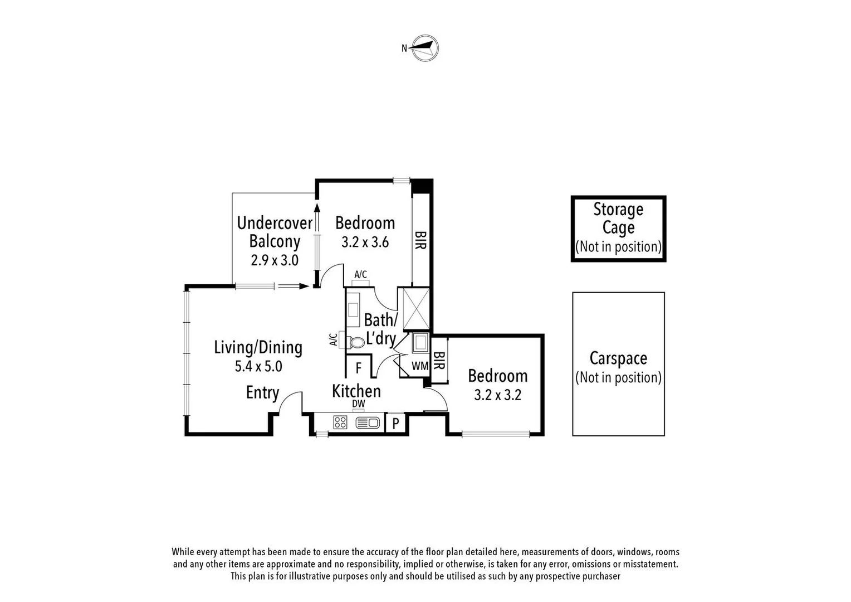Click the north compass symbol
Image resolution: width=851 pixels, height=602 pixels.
point(425,48)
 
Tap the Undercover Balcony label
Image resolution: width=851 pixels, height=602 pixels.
point(275,232)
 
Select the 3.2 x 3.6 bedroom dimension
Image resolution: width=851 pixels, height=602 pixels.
point(365,242)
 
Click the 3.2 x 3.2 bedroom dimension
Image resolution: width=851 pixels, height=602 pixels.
point(497,395)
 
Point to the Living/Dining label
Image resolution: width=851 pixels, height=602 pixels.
point(258,347)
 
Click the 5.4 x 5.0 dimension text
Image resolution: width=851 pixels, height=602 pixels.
point(258,366)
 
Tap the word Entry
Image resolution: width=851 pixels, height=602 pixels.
point(262,392)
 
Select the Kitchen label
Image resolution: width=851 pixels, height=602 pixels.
point(356,391)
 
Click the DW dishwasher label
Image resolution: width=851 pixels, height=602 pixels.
point(358,404)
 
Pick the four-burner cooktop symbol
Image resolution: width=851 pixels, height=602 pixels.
point(340,423)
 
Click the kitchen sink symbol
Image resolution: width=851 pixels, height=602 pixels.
point(367,423)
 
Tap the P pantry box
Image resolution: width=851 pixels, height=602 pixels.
point(395,424)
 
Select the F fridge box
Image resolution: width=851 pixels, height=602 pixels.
point(359,368)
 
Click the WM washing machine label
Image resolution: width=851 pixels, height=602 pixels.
point(420,366)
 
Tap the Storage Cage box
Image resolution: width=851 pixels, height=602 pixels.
point(618,228)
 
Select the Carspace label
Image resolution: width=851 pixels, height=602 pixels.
point(618,358)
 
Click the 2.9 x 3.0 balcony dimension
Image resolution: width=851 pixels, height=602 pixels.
point(275,260)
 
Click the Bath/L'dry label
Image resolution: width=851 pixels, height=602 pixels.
point(381,329)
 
